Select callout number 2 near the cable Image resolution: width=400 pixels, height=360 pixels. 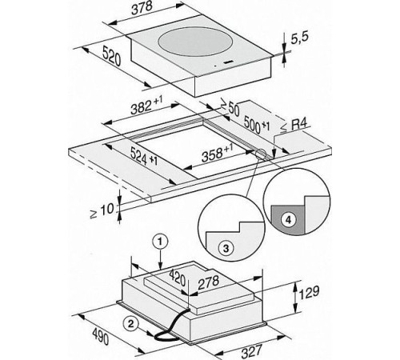pyautogui.click(x=130, y=323)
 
